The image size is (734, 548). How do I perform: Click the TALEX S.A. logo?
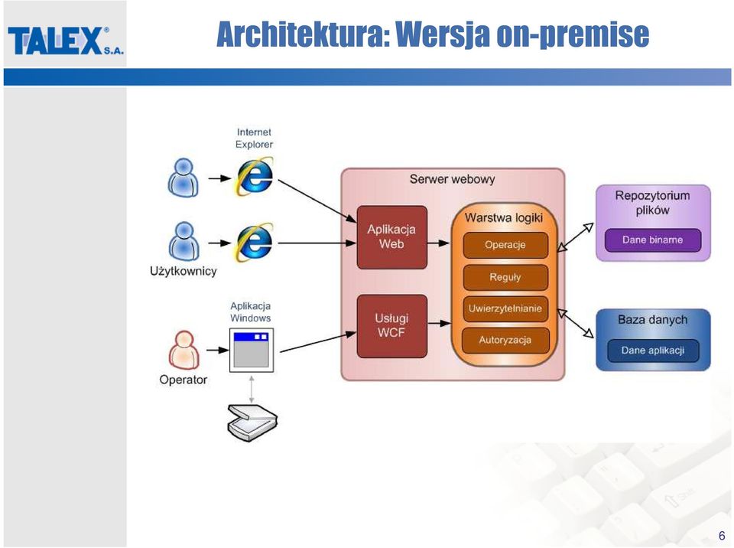(x=66, y=41)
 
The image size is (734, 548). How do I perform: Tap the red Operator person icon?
(x=183, y=351)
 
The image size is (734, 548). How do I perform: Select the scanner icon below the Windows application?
(x=252, y=422)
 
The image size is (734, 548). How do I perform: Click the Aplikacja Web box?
(x=391, y=237)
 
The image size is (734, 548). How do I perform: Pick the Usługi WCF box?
(x=391, y=326)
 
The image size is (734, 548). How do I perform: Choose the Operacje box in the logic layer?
(x=505, y=245)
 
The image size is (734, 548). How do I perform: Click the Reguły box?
(x=505, y=277)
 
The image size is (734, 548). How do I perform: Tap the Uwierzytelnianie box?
(x=505, y=308)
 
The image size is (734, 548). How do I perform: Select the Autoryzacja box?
(x=505, y=341)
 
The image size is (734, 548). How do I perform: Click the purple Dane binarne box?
(x=652, y=240)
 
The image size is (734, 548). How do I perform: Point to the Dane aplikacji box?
(x=652, y=351)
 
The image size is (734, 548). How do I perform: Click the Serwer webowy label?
(x=452, y=179)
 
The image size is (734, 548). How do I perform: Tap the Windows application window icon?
(x=252, y=351)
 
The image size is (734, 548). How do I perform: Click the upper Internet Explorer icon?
(x=254, y=177)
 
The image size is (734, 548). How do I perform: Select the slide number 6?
(x=721, y=535)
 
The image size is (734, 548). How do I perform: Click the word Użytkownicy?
(x=183, y=272)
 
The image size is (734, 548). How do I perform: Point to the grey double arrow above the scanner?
(x=252, y=389)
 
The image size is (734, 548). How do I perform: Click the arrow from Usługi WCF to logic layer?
(x=439, y=323)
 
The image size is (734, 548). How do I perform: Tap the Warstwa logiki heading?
(x=504, y=218)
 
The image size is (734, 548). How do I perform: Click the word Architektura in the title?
(x=304, y=34)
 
